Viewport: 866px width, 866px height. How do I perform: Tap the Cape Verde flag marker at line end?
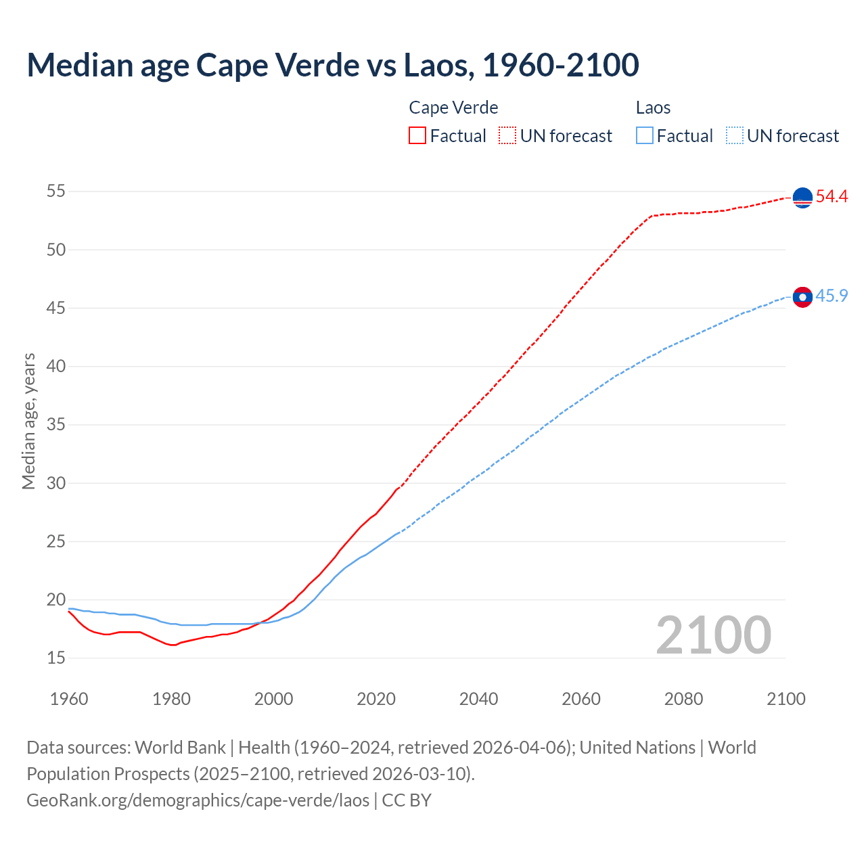[x=802, y=198]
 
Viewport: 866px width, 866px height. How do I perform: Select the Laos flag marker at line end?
[x=802, y=297]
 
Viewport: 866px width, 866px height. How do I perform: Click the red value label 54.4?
[x=831, y=197]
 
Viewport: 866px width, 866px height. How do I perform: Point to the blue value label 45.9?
[x=831, y=296]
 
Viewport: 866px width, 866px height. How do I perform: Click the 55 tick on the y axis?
[x=56, y=191]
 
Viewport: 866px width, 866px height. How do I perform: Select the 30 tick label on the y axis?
[x=56, y=483]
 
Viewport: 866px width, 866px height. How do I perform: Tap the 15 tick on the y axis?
[x=56, y=658]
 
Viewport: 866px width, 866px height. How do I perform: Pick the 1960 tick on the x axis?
[x=69, y=699]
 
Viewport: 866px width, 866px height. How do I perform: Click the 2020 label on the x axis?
[x=376, y=699]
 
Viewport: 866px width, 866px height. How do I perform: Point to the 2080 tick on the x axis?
[x=683, y=699]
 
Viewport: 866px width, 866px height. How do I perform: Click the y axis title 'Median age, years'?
[x=28, y=421]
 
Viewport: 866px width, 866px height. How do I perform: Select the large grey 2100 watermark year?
[x=714, y=635]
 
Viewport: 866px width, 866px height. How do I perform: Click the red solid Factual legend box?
[x=417, y=135]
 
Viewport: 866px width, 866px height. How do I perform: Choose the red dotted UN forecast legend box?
[x=507, y=135]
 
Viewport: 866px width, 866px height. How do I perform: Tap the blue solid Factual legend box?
[x=645, y=135]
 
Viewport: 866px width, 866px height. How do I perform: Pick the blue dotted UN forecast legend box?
[x=735, y=135]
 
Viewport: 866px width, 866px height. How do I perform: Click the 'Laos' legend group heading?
[x=653, y=108]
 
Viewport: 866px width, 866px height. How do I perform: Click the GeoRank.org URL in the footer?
[x=198, y=800]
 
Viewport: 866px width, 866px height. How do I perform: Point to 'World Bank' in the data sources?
[x=180, y=748]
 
